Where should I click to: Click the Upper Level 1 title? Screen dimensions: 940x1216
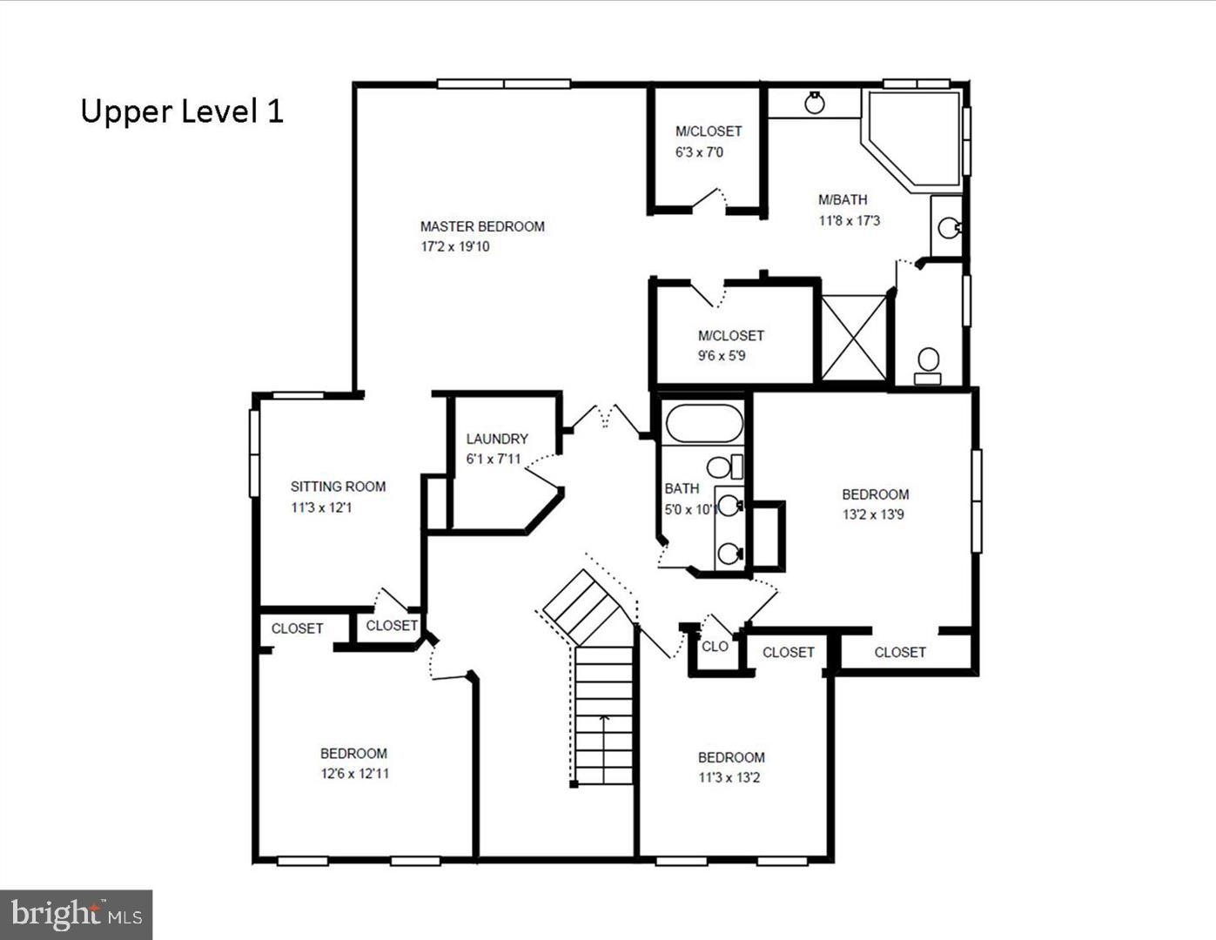click(x=182, y=111)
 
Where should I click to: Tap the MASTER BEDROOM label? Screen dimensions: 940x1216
click(x=482, y=226)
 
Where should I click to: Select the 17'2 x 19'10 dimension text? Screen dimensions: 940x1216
click(x=455, y=246)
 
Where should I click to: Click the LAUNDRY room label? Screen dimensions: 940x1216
click(x=497, y=439)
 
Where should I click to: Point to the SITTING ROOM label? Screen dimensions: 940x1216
click(x=338, y=487)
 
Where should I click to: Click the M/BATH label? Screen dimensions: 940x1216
click(x=843, y=199)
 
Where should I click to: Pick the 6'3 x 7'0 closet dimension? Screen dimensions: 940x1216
click(x=699, y=152)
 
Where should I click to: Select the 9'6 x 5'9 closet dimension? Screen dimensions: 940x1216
click(x=722, y=355)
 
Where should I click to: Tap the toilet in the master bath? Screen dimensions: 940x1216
click(x=929, y=363)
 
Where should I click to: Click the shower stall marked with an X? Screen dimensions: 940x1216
click(x=854, y=339)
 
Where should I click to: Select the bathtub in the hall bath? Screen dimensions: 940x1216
click(x=704, y=424)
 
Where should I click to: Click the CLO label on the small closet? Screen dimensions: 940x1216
click(x=715, y=646)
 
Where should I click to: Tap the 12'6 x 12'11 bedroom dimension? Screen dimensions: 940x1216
click(x=355, y=773)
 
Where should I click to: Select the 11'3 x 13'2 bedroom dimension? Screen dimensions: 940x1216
click(x=729, y=777)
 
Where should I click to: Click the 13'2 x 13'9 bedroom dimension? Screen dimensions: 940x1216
click(x=873, y=514)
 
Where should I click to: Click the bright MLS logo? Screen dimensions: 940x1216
click(x=77, y=914)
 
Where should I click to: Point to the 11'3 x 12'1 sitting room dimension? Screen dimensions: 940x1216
click(x=321, y=507)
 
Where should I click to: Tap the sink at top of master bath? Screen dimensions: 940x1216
click(x=815, y=104)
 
